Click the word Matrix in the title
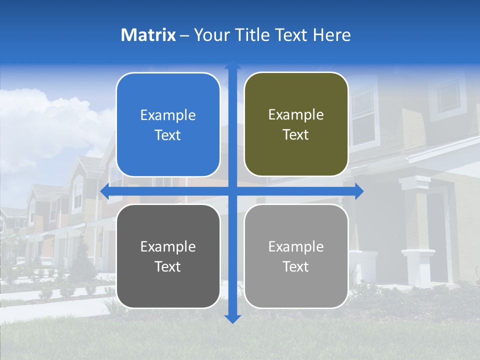(148, 35)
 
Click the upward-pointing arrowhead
(232, 65)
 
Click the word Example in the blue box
(168, 115)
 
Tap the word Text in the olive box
(296, 135)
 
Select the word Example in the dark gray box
(168, 247)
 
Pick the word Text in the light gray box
(296, 266)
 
